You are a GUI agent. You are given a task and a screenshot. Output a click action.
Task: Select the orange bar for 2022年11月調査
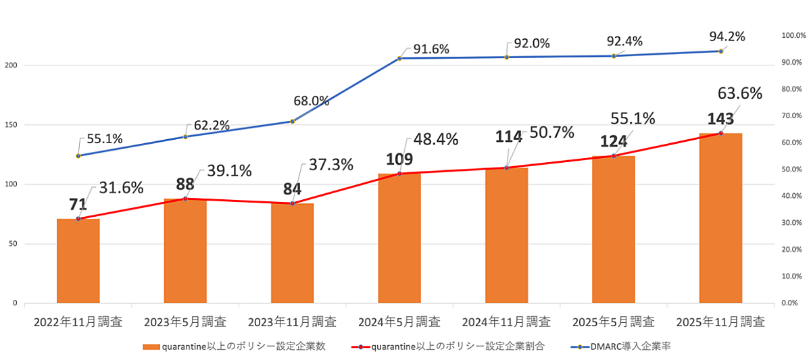(78, 261)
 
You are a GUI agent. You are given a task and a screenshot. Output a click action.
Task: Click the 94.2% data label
(727, 36)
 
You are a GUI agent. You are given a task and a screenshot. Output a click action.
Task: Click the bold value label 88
(185, 184)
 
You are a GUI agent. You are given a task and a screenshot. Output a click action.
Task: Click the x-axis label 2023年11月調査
(293, 322)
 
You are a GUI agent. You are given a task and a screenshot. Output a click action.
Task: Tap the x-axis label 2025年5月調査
(614, 322)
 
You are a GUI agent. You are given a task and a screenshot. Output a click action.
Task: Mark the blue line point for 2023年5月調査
(185, 136)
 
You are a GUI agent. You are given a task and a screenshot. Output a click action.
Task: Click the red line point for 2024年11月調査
(507, 168)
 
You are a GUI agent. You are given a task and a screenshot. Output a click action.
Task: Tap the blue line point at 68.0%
(293, 122)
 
